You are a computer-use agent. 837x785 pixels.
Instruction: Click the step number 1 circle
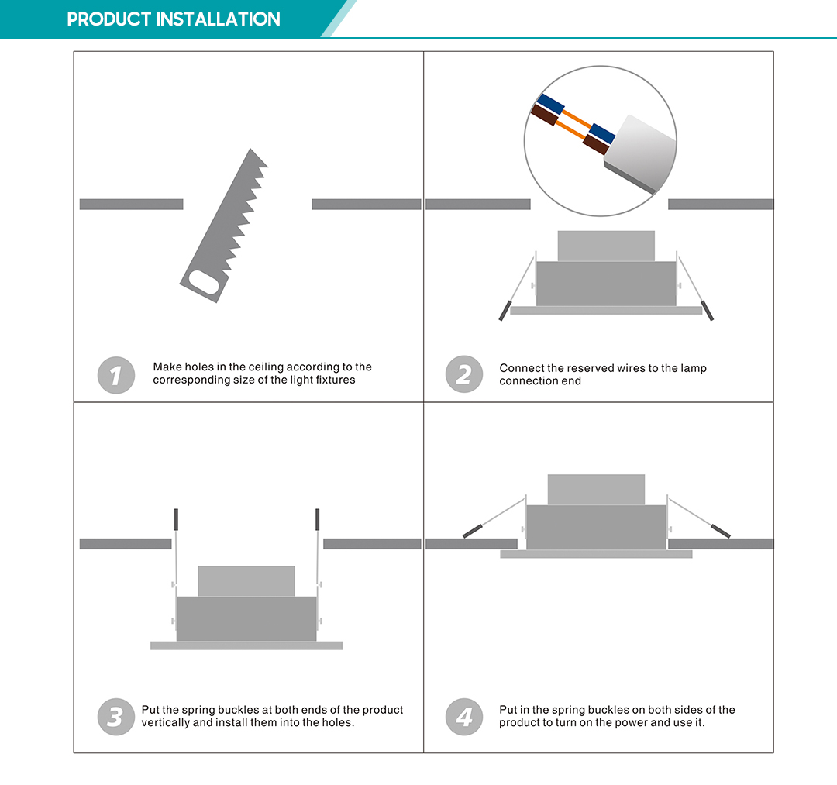point(116,376)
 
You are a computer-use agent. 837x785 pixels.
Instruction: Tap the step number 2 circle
point(463,376)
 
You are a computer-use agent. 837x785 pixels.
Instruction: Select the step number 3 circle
point(116,717)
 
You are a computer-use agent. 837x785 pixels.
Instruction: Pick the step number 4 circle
point(463,717)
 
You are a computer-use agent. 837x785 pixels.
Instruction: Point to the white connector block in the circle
point(639,153)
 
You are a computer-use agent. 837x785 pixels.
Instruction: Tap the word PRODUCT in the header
point(109,19)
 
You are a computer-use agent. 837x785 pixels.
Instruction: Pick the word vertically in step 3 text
point(166,723)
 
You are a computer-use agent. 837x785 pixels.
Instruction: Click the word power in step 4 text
point(640,723)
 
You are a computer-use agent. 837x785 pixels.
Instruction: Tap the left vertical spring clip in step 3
point(177,519)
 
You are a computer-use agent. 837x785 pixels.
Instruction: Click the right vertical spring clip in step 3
point(318,519)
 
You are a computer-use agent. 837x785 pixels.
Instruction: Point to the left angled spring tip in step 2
point(504,310)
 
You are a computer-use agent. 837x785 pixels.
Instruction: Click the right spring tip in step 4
point(721,531)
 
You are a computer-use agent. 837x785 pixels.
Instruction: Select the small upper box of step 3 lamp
point(246,580)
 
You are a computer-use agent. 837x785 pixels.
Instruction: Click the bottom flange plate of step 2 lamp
point(606,311)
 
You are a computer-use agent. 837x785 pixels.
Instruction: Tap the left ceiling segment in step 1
point(131,205)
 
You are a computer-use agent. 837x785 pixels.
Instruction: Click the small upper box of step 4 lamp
point(596,489)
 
